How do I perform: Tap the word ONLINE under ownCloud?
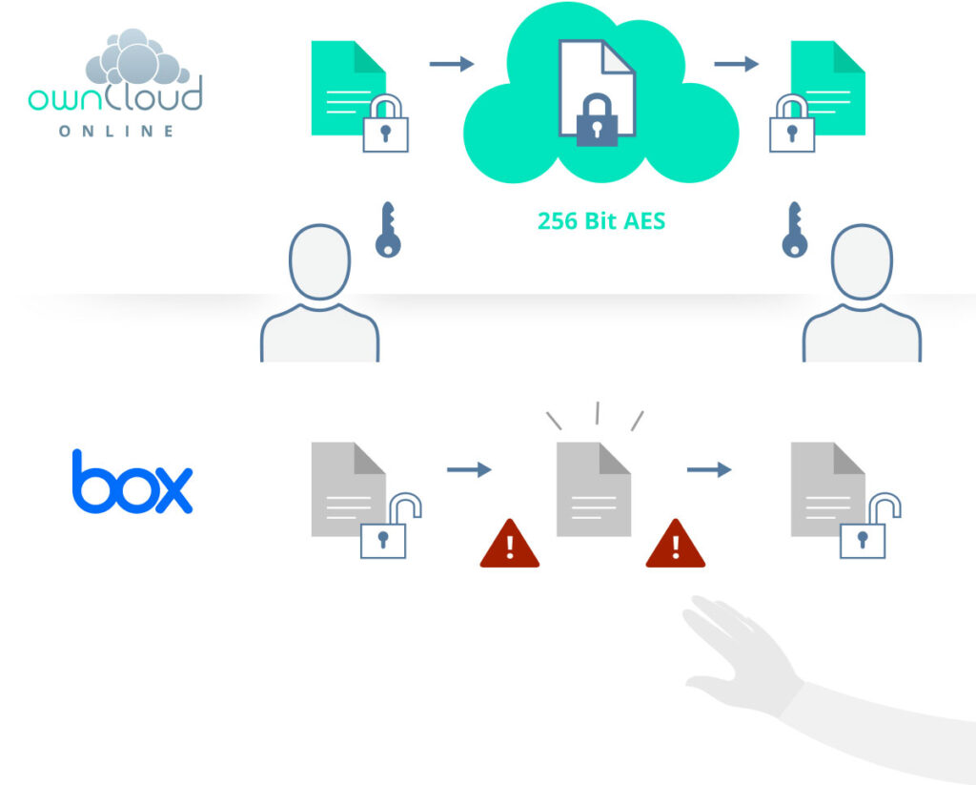(x=116, y=131)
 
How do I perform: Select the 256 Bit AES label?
(x=601, y=221)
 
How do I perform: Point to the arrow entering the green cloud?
(x=452, y=64)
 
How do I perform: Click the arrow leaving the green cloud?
(x=737, y=64)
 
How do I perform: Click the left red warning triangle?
(x=509, y=545)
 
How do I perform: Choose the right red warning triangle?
(x=675, y=545)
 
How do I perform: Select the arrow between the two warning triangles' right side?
(x=709, y=469)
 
